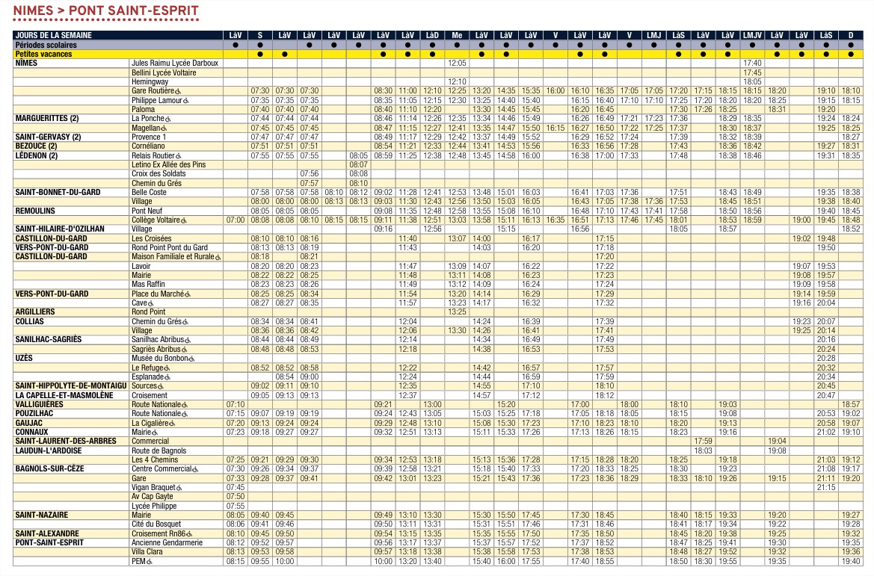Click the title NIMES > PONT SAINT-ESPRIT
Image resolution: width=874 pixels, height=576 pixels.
pos(106,10)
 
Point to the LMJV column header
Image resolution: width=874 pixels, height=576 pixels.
pos(752,35)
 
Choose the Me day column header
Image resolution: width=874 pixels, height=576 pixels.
pos(457,35)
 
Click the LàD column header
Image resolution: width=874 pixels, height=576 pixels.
pos(432,35)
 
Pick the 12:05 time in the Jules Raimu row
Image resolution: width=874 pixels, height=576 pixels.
pos(457,64)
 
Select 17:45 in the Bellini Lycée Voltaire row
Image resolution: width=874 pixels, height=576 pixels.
pos(752,72)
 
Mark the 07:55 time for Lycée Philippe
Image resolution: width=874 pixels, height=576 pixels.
pos(236,506)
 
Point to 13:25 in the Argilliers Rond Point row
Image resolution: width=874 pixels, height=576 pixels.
pos(457,312)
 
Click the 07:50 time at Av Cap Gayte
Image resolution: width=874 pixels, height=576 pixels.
pos(236,496)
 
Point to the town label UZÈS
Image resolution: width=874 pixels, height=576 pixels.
pos(25,358)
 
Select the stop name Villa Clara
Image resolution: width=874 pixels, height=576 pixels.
pos(147,551)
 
